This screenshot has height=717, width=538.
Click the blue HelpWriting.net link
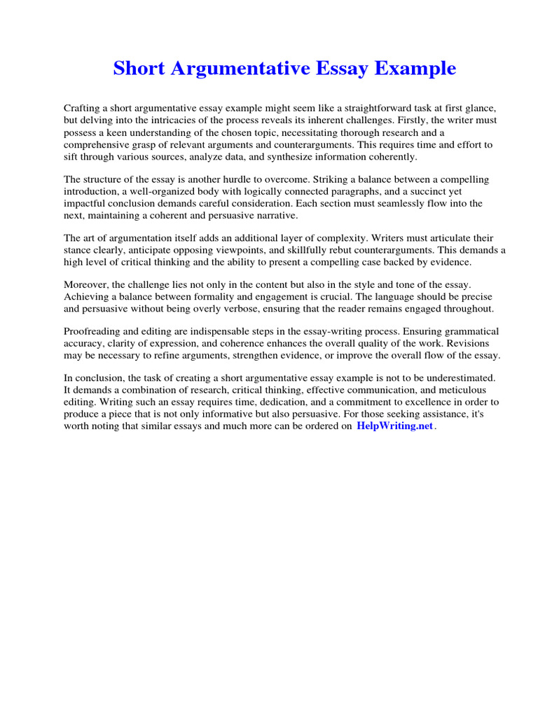coord(395,426)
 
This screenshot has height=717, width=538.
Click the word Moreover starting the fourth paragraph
coord(87,285)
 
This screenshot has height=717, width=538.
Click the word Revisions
coord(467,344)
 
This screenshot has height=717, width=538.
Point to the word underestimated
coord(453,379)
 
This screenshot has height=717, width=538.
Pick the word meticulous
coord(460,391)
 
